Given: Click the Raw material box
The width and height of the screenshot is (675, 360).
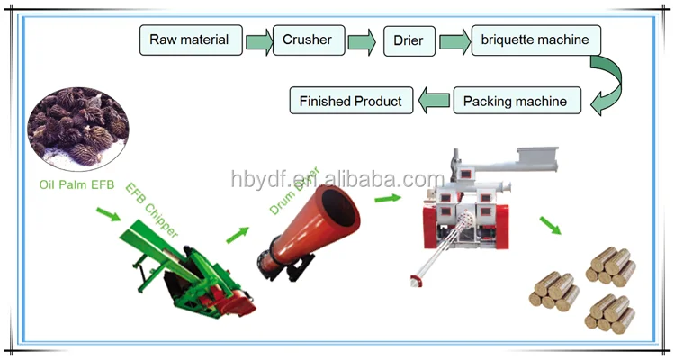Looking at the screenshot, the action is point(190,40).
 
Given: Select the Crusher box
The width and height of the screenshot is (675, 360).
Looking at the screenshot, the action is point(307,40).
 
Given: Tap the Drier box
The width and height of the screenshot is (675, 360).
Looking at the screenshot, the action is point(409,40).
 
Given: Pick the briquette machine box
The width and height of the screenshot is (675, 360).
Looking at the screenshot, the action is point(535,40).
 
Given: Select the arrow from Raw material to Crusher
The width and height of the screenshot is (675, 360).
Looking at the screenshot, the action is point(259,40).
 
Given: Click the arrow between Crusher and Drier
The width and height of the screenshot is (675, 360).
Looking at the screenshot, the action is point(361,40).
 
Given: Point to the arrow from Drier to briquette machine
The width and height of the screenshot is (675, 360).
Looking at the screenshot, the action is point(454,40).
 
